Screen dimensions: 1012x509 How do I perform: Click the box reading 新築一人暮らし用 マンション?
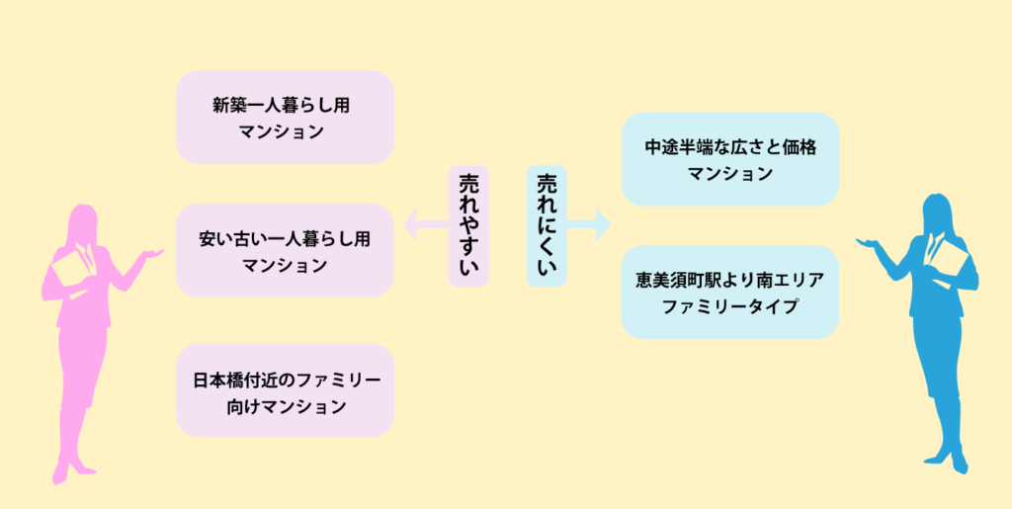coord(285,117)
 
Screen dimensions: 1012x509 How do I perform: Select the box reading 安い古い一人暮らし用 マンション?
coord(285,250)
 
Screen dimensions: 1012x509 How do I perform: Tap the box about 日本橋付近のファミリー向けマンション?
coord(285,390)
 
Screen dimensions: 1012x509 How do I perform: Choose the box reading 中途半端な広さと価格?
coord(730,159)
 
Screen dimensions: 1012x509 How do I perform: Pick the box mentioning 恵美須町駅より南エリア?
coord(730,293)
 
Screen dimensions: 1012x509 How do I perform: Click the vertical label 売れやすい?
coord(468,225)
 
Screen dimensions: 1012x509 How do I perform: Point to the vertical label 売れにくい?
coord(547,225)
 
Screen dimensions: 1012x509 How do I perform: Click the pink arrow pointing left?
coord(426,225)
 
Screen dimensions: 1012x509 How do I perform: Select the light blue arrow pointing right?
coord(589,224)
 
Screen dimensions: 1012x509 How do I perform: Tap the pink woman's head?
coord(83,220)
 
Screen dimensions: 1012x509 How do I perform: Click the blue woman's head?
coord(937,211)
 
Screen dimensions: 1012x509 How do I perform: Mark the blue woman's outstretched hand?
coord(866,242)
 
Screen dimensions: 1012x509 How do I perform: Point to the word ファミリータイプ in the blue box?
coord(730,306)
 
